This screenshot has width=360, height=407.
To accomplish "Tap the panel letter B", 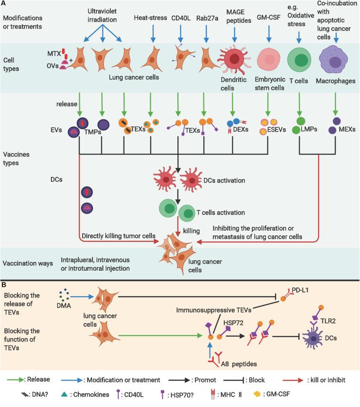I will (x=3, y=286).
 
